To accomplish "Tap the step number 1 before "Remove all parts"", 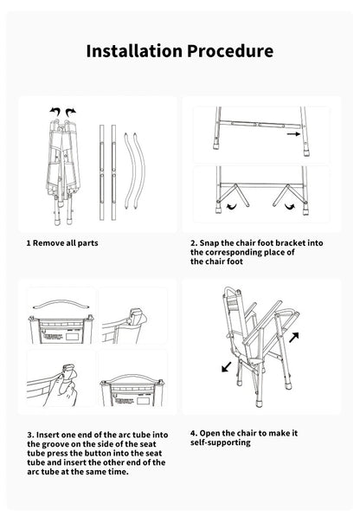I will point(29,243).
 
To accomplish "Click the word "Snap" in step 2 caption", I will point(213,243).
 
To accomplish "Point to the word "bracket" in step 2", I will point(304,243).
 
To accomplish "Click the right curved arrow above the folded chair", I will point(71,111).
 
